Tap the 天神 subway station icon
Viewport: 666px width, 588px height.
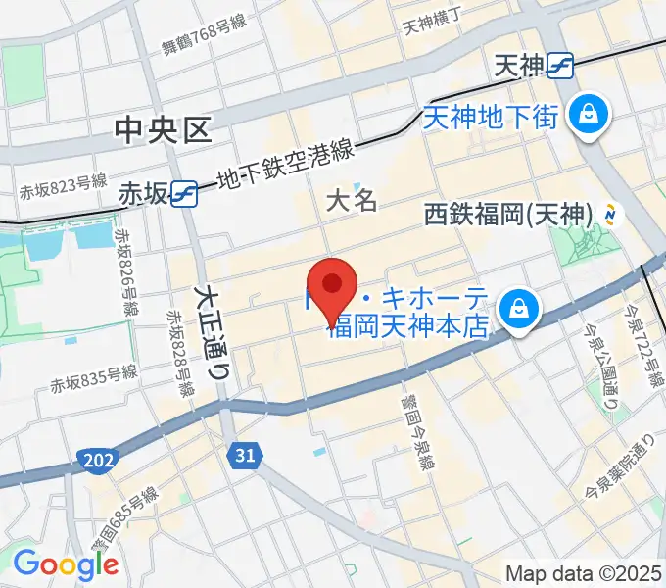click(x=561, y=66)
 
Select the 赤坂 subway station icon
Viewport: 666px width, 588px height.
click(x=184, y=193)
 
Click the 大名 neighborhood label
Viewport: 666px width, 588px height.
click(x=351, y=201)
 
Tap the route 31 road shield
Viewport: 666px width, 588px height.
click(x=244, y=454)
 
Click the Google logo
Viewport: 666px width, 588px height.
click(x=66, y=564)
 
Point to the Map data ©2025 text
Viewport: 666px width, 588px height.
click(x=582, y=573)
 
